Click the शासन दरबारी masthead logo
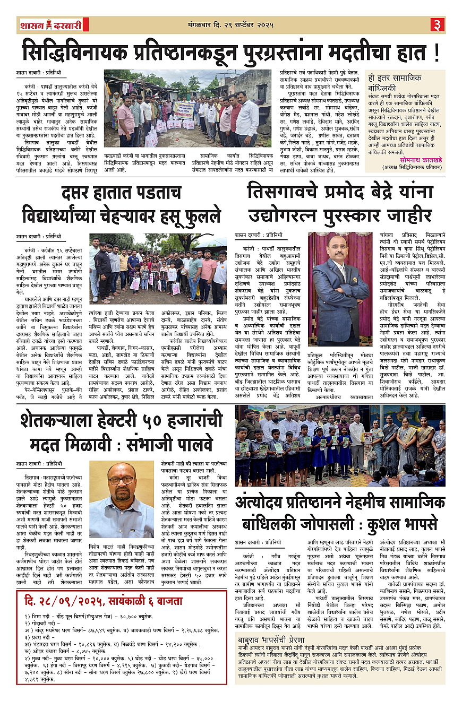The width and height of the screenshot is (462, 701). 50,24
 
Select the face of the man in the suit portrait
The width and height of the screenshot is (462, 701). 340,250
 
